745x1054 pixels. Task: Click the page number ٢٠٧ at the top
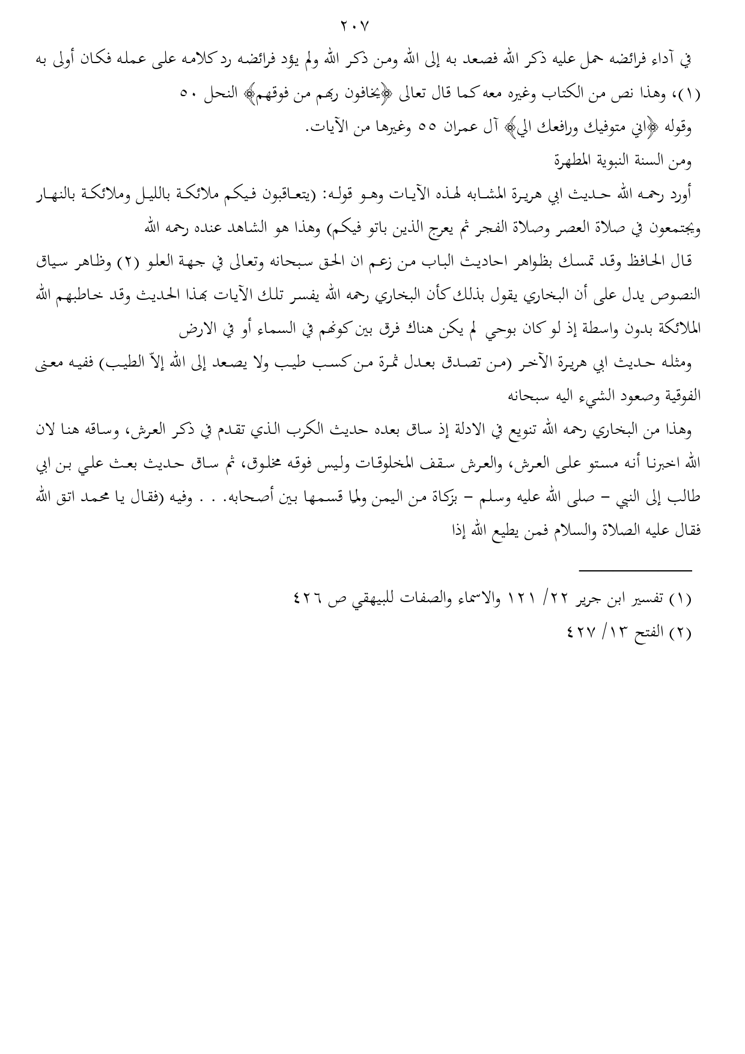tap(355, 26)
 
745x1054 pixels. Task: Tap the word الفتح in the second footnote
tap(645, 633)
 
